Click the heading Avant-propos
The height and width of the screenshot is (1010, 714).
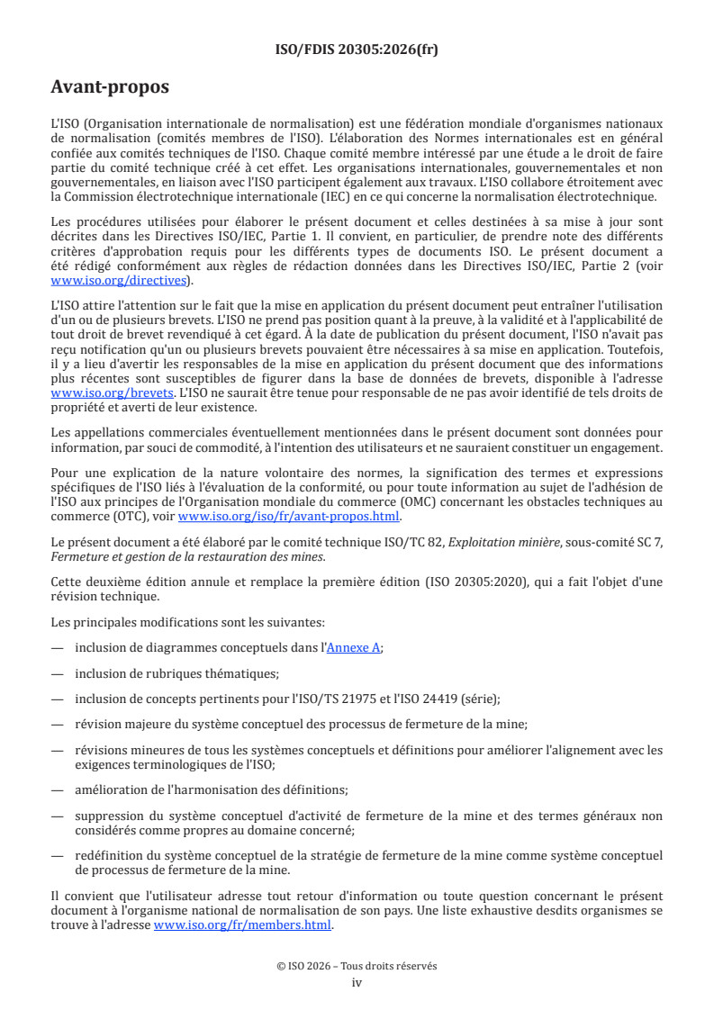110,87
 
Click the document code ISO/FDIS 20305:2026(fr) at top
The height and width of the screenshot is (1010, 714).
357,50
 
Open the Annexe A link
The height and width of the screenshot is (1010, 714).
353,646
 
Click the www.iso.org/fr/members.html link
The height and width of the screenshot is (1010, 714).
243,924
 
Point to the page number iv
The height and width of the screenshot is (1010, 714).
357,982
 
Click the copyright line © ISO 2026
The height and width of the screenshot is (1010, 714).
357,965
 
